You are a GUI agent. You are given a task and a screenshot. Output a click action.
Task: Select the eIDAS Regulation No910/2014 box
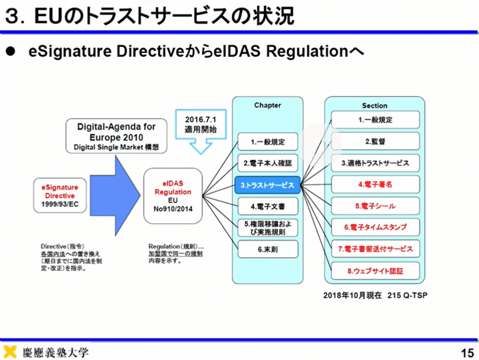pos(173,196)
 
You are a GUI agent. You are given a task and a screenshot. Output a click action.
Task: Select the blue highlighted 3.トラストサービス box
pos(267,185)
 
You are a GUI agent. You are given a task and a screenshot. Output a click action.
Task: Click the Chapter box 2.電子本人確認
pos(268,164)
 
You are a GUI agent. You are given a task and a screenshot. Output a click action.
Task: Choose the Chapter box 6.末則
pos(268,249)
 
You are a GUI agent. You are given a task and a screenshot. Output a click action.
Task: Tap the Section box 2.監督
pos(375,142)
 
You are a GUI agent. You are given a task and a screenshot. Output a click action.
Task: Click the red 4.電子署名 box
pos(375,185)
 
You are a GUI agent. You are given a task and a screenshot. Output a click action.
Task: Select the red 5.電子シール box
pos(375,206)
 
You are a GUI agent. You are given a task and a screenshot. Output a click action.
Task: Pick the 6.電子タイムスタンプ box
pos(375,228)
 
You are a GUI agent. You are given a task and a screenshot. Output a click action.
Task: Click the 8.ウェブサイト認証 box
pos(375,271)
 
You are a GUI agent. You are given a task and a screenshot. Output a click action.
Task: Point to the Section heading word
pos(374,106)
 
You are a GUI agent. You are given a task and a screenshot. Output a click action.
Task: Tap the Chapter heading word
pos(267,105)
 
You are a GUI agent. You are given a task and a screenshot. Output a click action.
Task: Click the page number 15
pos(467,353)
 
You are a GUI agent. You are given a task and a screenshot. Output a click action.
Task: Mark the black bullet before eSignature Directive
pos(11,52)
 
